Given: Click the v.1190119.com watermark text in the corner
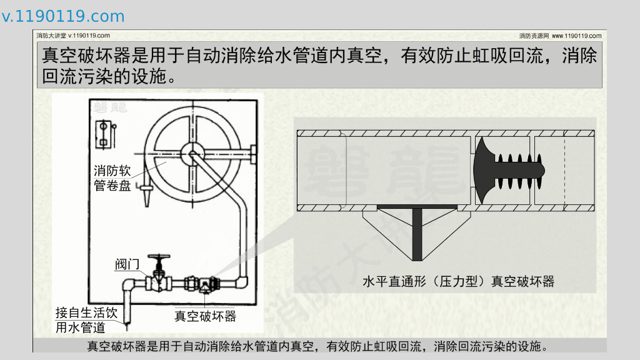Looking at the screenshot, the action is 63,16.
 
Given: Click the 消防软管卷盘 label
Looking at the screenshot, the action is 112,177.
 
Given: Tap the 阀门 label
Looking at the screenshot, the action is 127,264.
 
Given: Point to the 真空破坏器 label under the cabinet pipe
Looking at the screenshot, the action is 205,316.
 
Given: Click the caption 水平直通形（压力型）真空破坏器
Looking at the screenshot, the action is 458,281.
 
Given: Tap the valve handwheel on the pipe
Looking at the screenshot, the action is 159,258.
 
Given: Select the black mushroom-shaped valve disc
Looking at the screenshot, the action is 484,169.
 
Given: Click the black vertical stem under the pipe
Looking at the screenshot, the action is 417,234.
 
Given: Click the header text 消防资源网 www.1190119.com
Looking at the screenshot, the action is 560,36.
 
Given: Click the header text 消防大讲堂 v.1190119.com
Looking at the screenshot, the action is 73,36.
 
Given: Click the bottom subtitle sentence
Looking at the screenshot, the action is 318,346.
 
